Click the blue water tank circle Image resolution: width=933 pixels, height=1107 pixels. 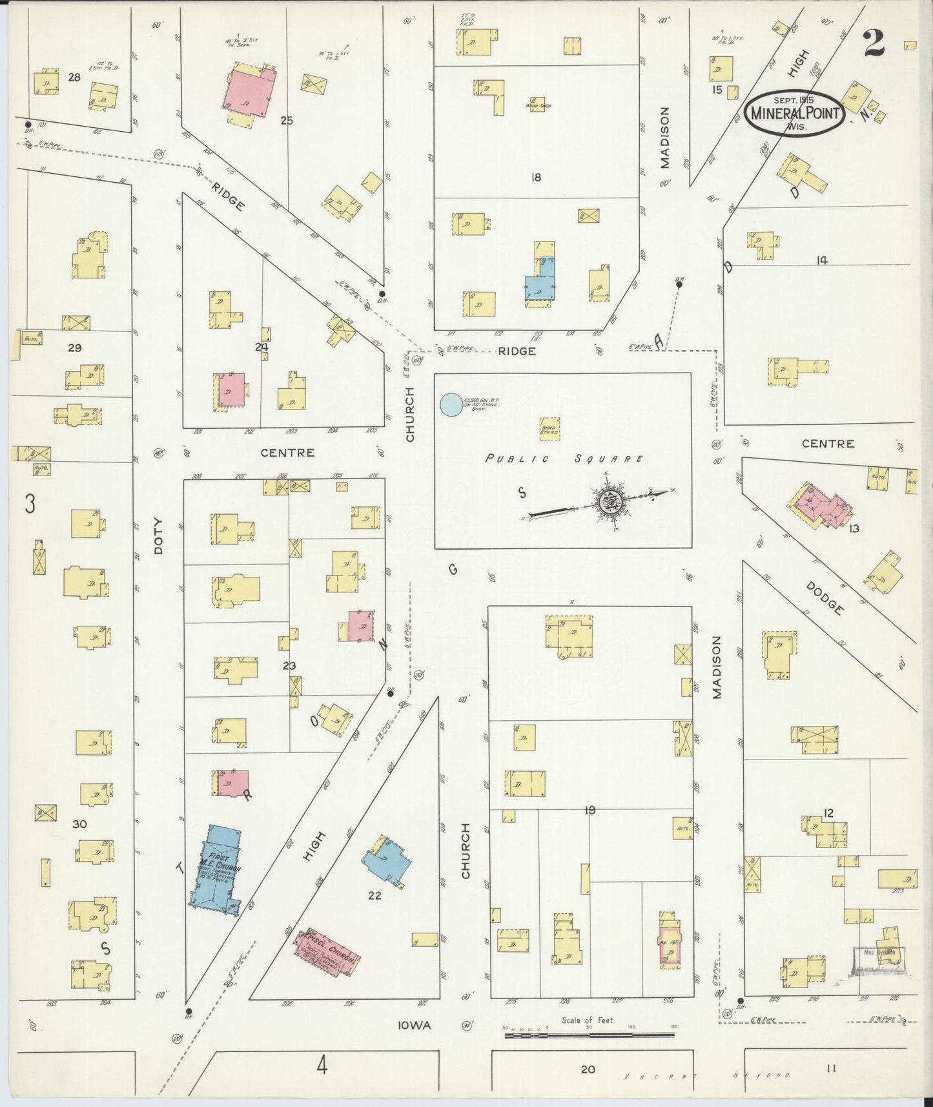pos(451,405)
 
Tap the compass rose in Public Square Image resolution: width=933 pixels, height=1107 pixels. pos(611,500)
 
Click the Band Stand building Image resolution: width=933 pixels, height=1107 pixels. pos(549,429)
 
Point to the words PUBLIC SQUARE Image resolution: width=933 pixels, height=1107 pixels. pos(564,459)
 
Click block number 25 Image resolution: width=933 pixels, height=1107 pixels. pos(287,119)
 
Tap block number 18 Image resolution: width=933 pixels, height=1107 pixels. pos(535,177)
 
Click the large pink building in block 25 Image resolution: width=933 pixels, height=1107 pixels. pos(247,92)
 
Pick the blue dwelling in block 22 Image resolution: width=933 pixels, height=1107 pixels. pos(385,862)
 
